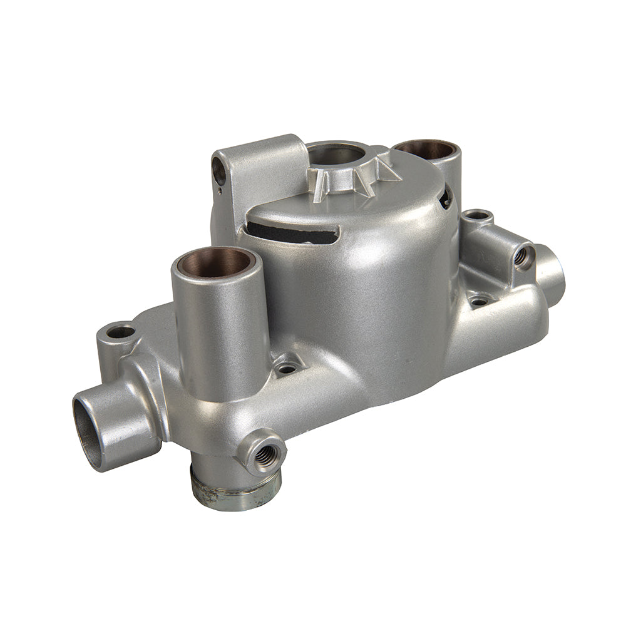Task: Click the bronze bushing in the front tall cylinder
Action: (215, 261)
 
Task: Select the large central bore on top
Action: (335, 153)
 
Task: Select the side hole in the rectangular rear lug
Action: (219, 170)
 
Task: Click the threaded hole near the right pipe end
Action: (521, 256)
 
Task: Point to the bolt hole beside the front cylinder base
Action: (287, 367)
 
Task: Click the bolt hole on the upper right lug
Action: (478, 216)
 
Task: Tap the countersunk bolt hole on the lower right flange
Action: (479, 300)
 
